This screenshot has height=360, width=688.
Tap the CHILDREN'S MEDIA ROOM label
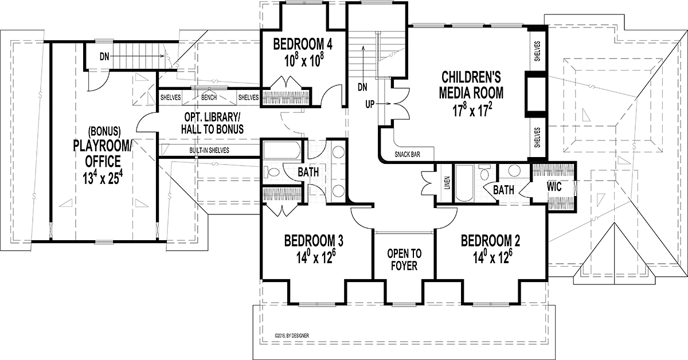coord(472,84)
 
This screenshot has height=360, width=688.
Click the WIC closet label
coord(553,186)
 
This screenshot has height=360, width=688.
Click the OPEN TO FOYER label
coord(404,260)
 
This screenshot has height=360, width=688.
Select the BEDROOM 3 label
coord(314,240)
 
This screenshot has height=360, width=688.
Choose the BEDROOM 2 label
coord(490,240)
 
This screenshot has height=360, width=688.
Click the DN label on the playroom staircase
coord(104,57)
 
